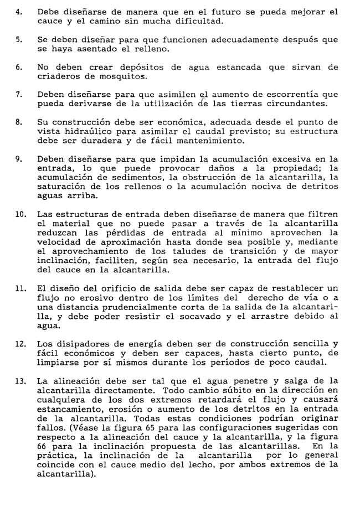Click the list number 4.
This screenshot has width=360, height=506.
[19, 12]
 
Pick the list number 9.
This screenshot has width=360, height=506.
[19, 159]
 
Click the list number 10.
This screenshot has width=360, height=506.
[20, 214]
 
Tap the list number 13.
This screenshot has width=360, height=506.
[20, 381]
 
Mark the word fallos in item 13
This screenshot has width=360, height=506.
[52, 427]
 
